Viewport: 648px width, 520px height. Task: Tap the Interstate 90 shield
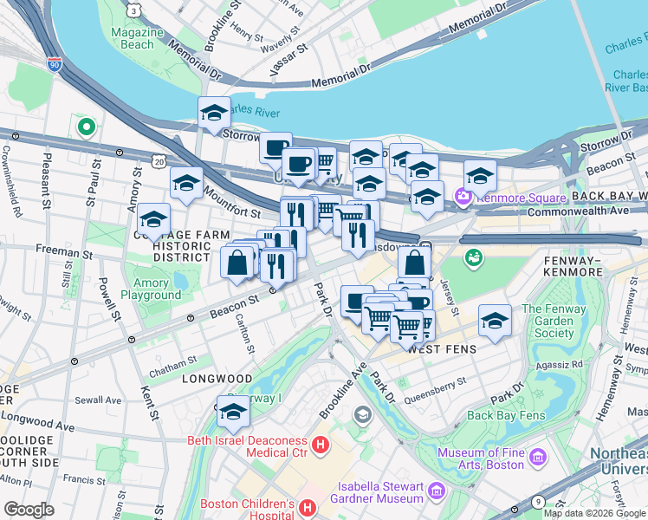[x=55, y=64]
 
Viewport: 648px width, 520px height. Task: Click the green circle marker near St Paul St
[x=86, y=128]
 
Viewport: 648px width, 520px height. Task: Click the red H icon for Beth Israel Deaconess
[x=321, y=446]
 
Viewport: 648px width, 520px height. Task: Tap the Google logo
[x=29, y=509]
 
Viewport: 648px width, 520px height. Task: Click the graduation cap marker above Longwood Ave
[x=233, y=413]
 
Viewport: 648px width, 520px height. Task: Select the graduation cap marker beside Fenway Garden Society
[x=494, y=322]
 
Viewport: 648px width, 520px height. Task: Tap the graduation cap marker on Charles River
[x=213, y=113]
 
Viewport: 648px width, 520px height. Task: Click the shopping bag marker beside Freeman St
[x=237, y=262]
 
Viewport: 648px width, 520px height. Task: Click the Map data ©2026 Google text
[x=594, y=512]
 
